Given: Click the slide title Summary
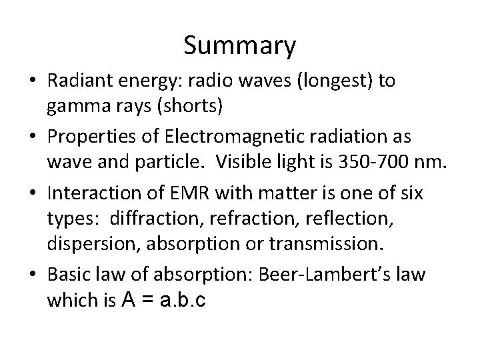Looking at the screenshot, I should tap(239, 45).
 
